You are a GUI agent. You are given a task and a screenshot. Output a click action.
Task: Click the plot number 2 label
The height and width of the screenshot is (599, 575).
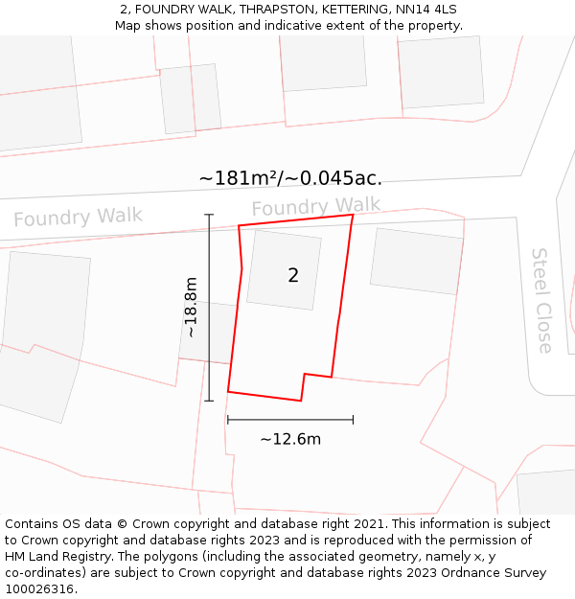click(293, 276)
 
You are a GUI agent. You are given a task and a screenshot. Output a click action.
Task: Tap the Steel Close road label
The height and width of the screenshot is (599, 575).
click(542, 300)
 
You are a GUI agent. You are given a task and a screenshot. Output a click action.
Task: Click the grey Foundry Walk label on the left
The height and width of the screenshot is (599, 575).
click(78, 218)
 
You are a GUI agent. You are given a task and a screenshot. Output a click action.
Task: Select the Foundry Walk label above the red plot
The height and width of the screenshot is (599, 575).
click(316, 206)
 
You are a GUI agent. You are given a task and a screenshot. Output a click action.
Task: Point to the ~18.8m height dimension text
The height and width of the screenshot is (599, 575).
click(191, 307)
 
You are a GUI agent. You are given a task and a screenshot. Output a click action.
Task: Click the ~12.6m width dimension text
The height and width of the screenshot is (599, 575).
click(290, 439)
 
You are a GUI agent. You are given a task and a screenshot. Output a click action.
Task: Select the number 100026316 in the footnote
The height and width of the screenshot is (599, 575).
click(38, 588)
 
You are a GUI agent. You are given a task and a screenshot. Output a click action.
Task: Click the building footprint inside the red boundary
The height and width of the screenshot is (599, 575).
click(284, 269)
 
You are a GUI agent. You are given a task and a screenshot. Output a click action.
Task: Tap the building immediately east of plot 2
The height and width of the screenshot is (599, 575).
click(416, 261)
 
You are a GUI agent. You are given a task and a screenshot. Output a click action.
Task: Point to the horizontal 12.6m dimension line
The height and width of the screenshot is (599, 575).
click(290, 419)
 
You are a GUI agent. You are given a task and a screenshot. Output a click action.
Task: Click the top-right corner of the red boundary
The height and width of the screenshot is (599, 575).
click(353, 215)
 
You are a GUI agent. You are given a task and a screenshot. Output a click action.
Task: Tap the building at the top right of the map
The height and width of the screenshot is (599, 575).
click(441, 71)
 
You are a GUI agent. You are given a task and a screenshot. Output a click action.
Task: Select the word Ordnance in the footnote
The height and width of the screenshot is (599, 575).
click(483, 573)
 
